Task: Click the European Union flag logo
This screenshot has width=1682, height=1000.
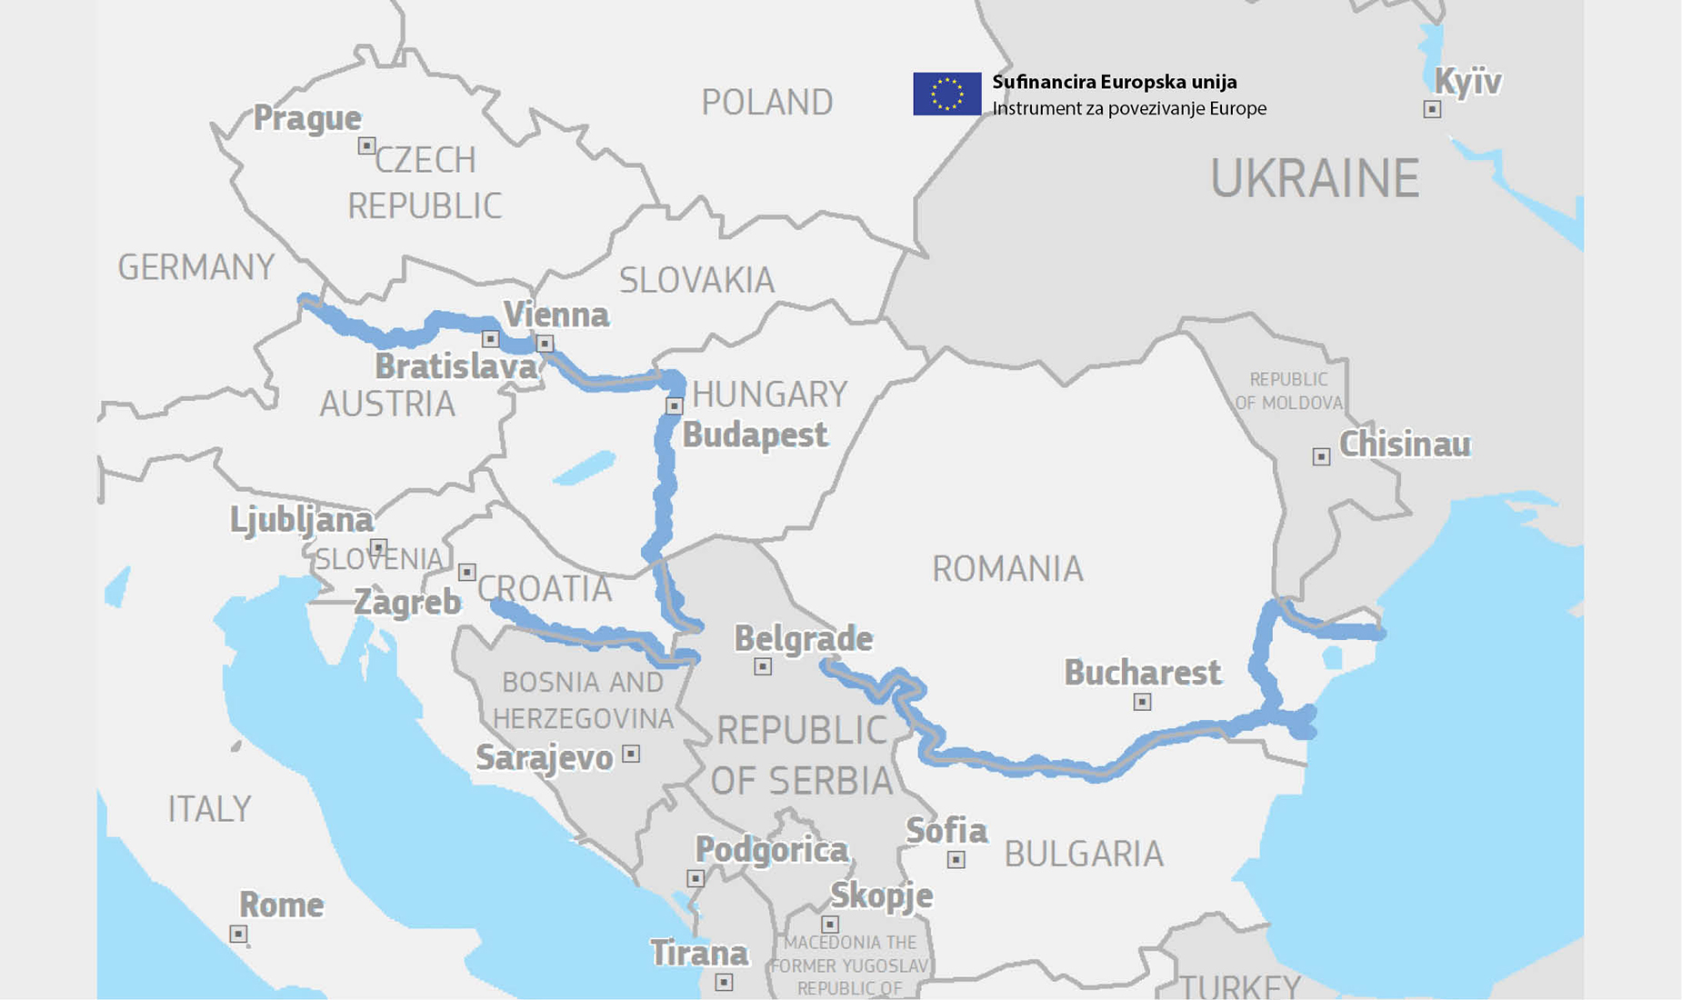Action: tap(946, 94)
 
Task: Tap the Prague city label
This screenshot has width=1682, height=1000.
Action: tap(306, 118)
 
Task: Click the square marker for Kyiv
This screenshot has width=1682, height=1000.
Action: tap(1432, 109)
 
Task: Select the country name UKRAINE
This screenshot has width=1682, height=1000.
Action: tap(1314, 178)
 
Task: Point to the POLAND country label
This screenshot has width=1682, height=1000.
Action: tap(766, 102)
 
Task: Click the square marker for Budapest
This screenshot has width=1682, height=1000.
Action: tap(674, 405)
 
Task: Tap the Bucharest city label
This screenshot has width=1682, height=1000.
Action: tap(1142, 673)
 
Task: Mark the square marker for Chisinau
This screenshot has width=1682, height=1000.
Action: tap(1321, 456)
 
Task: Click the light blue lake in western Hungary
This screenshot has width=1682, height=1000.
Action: tap(584, 468)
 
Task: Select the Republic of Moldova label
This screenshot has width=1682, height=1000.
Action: tap(1288, 391)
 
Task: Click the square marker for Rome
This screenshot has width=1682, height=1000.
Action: tap(238, 934)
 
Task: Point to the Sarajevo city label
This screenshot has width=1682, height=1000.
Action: tap(544, 757)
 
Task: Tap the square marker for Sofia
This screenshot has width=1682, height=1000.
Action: tap(956, 859)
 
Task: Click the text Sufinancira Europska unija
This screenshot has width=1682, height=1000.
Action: tap(1114, 82)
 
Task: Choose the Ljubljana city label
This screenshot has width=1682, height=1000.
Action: tap(301, 520)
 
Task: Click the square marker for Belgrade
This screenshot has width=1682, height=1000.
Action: tap(763, 666)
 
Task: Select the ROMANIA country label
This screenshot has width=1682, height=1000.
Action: tap(1007, 569)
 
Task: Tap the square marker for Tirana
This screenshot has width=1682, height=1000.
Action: tap(724, 982)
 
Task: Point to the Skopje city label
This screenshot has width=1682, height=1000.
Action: tap(881, 895)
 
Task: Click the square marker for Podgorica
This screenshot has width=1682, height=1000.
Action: tap(696, 878)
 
